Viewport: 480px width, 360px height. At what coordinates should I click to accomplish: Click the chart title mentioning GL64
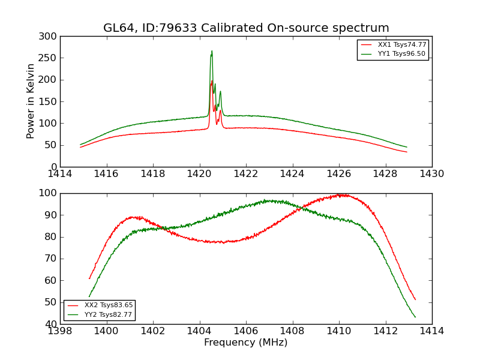[246, 28]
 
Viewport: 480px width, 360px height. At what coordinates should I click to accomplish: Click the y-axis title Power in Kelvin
[31, 101]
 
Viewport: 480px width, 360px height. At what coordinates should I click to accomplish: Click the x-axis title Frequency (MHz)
[246, 343]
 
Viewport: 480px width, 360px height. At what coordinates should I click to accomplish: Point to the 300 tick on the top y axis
[50, 37]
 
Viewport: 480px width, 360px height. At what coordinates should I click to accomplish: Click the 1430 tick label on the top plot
[431, 174]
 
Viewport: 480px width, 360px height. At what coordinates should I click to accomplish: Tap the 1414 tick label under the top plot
[61, 174]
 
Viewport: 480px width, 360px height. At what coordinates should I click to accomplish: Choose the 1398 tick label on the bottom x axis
[61, 331]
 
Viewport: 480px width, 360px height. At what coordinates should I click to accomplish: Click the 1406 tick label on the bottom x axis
[246, 331]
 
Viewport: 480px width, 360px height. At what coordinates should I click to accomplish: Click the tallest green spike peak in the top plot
[212, 51]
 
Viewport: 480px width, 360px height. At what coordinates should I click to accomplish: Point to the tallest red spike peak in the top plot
[212, 81]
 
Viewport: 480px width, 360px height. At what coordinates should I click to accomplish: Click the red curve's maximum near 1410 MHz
[340, 194]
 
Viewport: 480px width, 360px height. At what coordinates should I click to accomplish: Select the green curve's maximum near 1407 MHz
[268, 200]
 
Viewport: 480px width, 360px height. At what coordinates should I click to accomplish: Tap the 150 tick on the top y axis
[50, 101]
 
